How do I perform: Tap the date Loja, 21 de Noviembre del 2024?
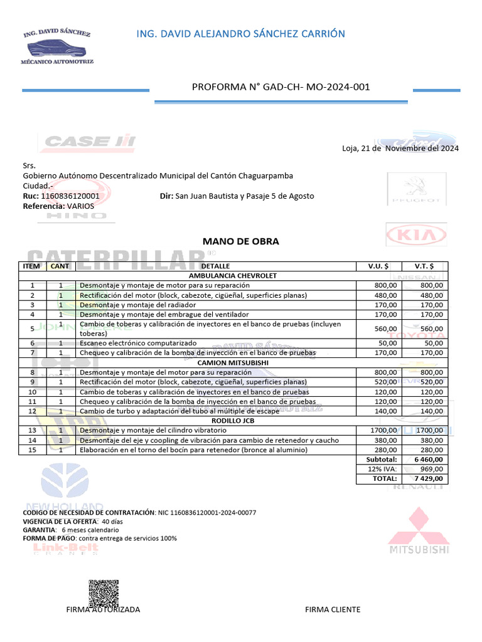[400, 149]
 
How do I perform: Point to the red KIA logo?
[415, 236]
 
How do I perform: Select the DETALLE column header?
[215, 266]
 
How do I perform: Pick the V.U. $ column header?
[378, 266]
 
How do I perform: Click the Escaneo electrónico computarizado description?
[137, 343]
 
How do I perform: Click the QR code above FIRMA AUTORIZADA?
[104, 593]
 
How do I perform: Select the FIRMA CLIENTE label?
[333, 609]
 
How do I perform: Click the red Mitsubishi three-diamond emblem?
[420, 525]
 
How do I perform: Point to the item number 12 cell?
[31, 411]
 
